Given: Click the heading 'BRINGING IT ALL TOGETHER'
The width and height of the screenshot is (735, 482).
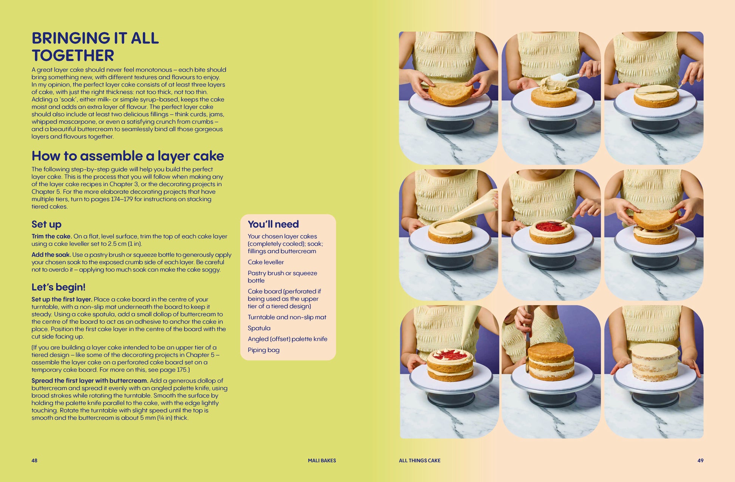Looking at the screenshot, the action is point(95,46).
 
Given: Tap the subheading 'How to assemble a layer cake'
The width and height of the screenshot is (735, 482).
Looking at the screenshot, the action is point(128,156).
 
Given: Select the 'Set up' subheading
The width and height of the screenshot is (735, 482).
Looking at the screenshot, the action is point(46,224).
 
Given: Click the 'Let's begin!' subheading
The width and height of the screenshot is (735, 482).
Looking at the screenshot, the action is point(59,287).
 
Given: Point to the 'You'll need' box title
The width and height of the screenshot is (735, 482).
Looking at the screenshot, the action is point(273,224).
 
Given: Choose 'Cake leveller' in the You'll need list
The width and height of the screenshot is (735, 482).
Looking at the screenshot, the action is point(266,262).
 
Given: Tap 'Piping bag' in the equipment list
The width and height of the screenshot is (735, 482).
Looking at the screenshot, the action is point(264,350).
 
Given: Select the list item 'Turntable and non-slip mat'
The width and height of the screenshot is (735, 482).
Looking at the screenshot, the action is point(287,317).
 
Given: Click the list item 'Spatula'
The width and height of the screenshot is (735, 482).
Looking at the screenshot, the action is point(259,328).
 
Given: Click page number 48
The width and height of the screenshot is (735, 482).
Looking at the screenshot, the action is point(34,460).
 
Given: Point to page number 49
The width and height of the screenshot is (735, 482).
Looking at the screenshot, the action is point(700,460).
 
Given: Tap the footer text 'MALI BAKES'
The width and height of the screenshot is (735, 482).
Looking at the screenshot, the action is point(322,460).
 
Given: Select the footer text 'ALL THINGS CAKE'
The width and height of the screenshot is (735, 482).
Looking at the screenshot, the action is point(420,460).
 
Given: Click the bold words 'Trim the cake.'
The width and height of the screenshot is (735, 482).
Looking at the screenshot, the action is point(52,236).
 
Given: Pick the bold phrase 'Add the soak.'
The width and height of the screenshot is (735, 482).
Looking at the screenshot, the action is point(51,255).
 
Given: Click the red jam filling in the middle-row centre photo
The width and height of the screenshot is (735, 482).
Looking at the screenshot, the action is point(551,226).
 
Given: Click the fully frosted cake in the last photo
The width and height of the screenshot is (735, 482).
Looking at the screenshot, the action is point(655,362).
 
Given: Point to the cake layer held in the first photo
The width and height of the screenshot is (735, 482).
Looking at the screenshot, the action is point(451,93).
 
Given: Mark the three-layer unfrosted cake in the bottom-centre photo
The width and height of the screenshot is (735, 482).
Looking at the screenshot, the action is point(551,361).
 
